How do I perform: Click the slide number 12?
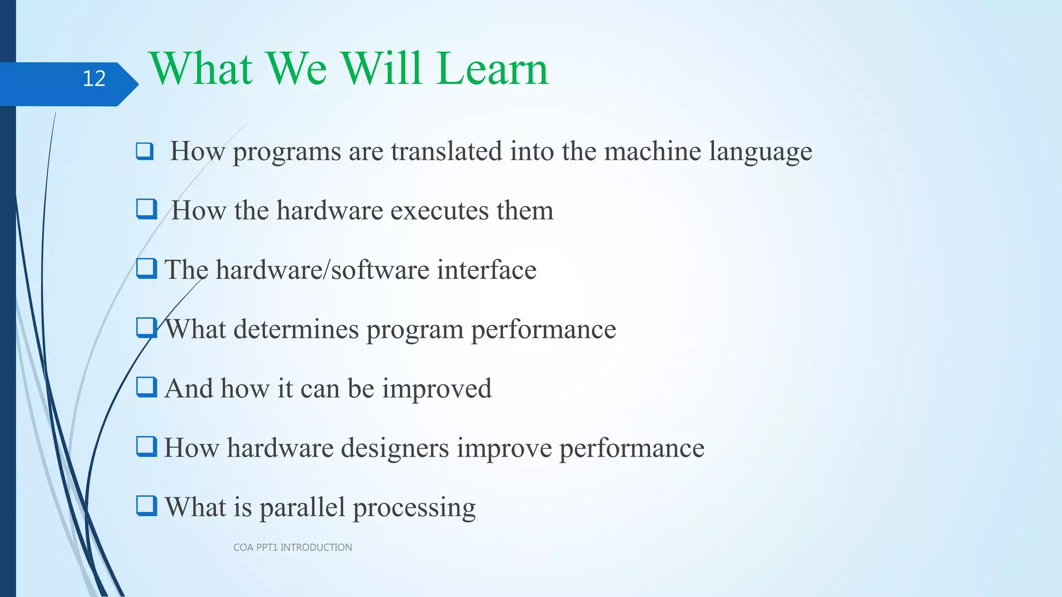94,79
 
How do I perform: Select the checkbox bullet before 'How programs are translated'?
145,151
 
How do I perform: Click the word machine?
652,151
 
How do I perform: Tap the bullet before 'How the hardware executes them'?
146,209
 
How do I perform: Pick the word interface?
486,270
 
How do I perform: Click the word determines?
296,330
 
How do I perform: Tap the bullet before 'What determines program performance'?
146,328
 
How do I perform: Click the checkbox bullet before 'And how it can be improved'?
146,387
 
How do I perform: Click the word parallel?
302,507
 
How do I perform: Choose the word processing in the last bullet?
414,508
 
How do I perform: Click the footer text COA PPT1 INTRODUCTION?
292,547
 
